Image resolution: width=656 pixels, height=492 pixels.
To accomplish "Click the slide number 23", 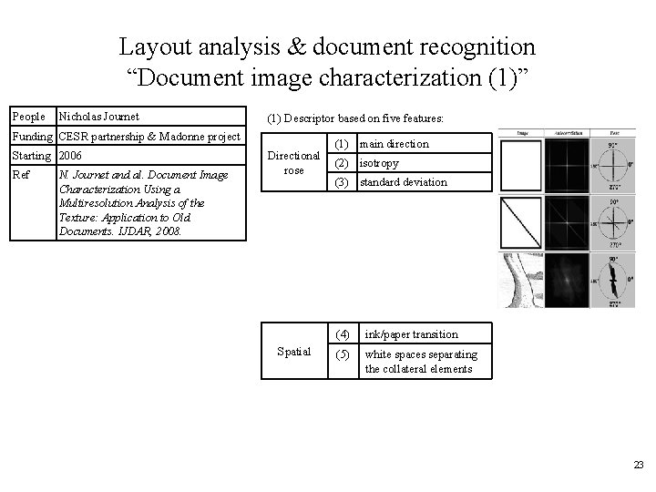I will point(638,465).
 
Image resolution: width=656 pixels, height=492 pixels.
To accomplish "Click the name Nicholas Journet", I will point(98,117).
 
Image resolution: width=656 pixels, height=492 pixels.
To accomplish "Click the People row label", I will point(28,117).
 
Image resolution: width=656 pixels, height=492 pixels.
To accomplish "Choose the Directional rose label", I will point(293,163).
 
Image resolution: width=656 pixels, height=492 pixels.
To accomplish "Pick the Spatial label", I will point(293,352).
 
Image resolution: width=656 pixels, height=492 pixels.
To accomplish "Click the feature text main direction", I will point(394,144).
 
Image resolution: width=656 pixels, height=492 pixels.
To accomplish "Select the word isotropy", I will point(380,163).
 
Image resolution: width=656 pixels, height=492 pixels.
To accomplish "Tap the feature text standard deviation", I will point(404,182).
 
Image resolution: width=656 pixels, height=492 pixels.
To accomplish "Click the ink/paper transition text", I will point(411,334).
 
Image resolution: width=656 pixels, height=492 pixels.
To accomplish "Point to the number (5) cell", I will point(343,354).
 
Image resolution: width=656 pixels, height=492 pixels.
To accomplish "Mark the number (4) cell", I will point(343,334).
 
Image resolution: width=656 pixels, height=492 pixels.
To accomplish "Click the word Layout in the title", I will point(152,45).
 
